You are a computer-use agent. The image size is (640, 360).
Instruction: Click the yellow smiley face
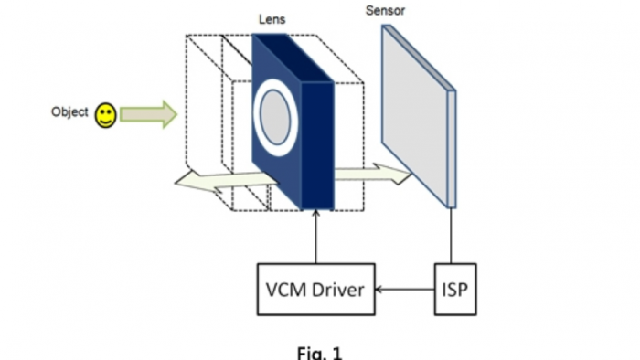[106, 115]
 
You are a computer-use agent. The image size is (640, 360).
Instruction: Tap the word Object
[69, 112]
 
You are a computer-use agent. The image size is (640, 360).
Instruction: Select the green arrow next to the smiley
[148, 114]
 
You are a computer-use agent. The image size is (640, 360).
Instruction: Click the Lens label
[272, 19]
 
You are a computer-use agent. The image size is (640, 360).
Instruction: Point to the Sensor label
[385, 11]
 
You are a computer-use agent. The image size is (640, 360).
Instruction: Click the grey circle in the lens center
[275, 118]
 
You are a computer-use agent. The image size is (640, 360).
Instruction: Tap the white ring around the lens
[257, 118]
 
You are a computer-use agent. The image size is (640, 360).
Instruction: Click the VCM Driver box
[316, 289]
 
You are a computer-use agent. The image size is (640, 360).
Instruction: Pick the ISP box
[455, 289]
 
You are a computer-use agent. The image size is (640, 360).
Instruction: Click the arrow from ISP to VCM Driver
[404, 290]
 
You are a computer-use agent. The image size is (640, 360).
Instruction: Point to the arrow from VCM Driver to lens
[316, 237]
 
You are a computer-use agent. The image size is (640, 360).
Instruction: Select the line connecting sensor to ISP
[451, 236]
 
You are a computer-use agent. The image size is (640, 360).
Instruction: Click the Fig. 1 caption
[319, 353]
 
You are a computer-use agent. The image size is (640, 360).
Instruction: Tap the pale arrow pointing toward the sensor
[372, 174]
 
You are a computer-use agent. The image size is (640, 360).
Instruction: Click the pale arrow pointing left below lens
[226, 182]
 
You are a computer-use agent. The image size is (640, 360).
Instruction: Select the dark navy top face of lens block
[292, 57]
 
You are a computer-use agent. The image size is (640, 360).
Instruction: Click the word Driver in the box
[338, 290]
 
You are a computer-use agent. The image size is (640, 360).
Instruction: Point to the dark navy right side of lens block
[317, 146]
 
